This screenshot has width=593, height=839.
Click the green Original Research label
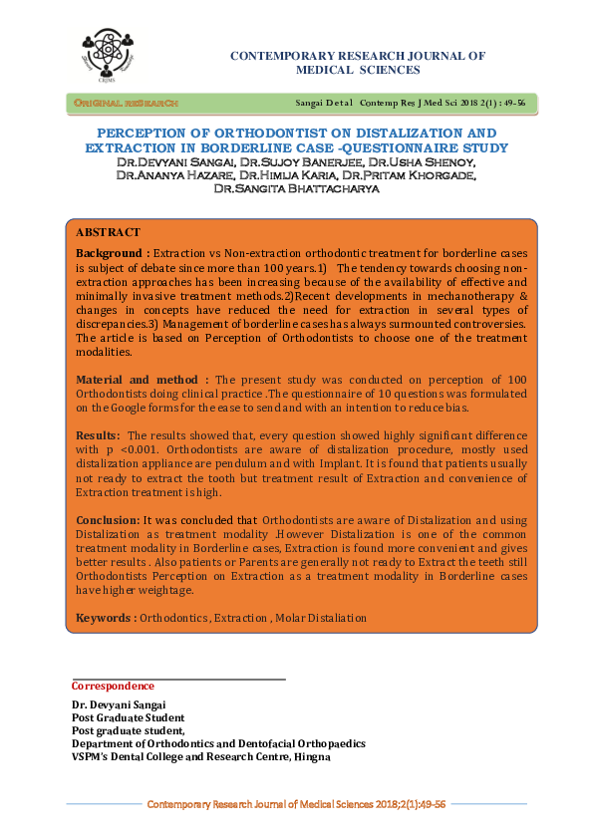(124, 103)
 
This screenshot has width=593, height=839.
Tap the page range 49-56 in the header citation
(508, 103)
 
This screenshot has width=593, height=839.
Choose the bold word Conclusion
(109, 520)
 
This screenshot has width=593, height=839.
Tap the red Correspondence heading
(113, 686)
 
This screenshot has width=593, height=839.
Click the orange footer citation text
(296, 803)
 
